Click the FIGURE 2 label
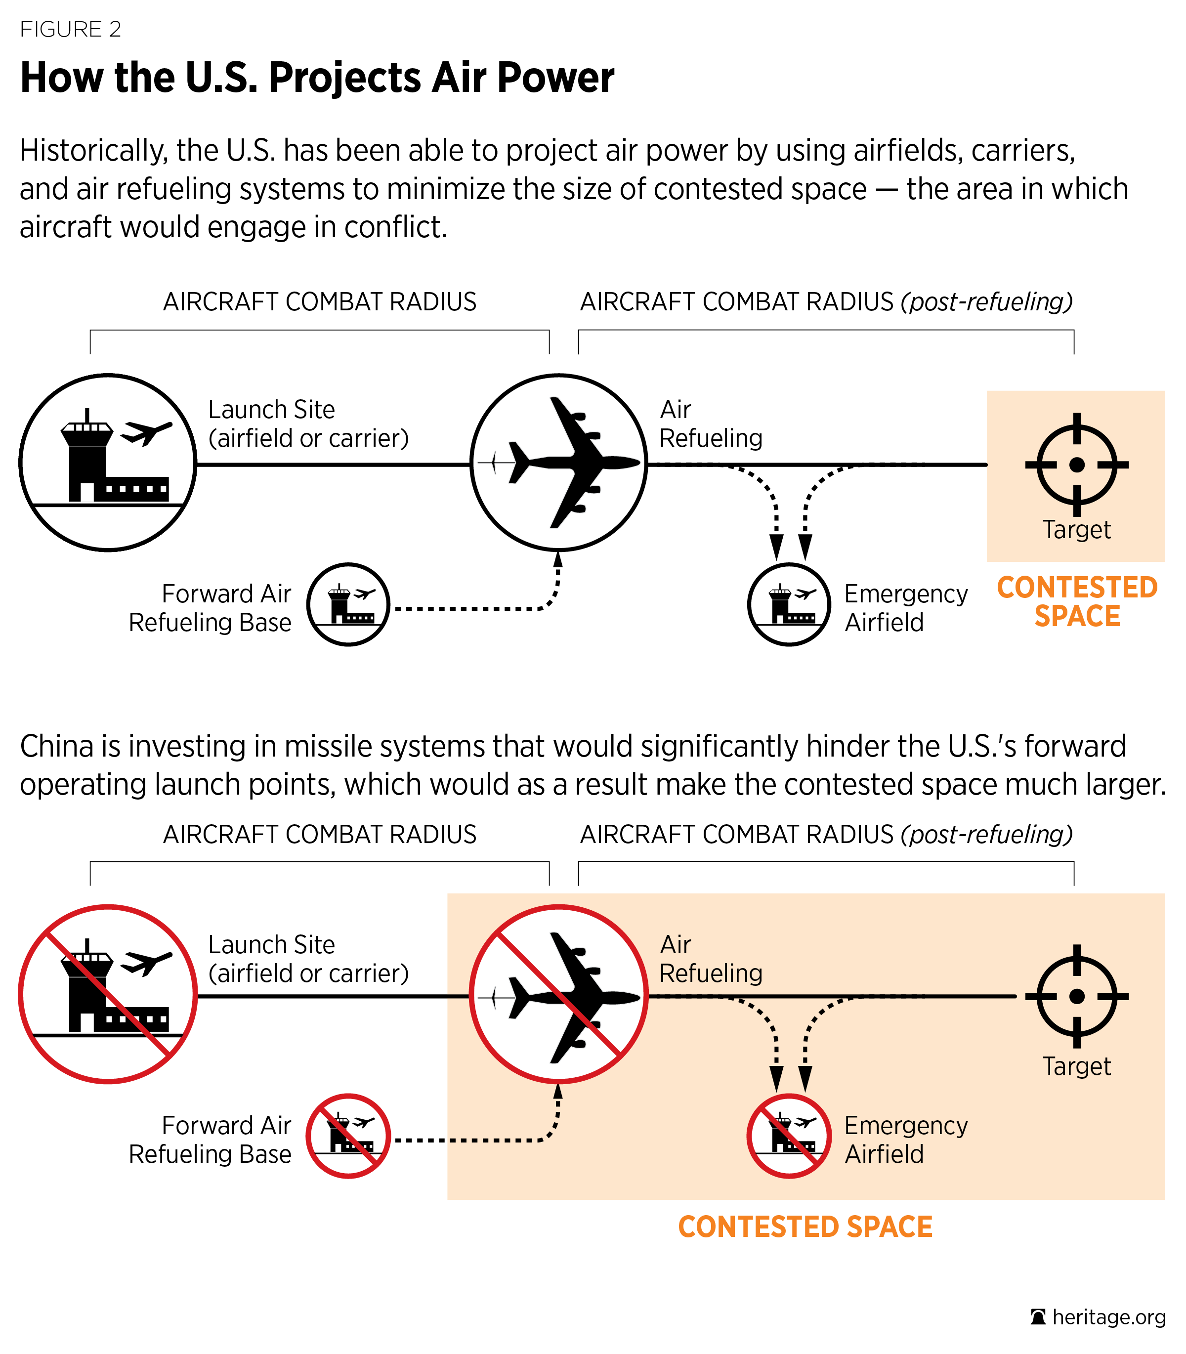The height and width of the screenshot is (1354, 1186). pos(70,30)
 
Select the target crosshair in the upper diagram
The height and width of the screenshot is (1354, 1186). pos(1077,465)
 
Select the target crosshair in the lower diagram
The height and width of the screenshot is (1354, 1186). pos(1077,996)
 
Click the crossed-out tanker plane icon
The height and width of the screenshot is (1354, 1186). pos(558,994)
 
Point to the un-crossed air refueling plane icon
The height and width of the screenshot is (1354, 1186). pos(558,463)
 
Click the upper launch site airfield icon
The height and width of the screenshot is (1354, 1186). pos(108,463)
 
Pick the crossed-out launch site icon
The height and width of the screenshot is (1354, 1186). pos(108,994)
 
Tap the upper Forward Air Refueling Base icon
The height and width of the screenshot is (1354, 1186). pos(348,604)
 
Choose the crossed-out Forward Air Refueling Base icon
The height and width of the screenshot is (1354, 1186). pos(348,1136)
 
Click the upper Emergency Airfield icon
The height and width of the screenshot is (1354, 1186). pos(789,604)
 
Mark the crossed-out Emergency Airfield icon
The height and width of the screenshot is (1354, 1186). pos(789,1136)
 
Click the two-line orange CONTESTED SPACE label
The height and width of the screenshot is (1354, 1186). pos(1077,601)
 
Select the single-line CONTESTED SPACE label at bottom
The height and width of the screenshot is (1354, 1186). pos(805,1227)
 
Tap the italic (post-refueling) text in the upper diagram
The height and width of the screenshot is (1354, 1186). pos(986,302)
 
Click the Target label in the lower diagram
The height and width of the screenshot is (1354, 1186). pos(1077,1066)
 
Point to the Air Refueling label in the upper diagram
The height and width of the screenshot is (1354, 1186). pos(711,423)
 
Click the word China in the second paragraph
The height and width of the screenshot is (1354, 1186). pos(57,747)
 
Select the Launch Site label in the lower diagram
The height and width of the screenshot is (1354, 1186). pos(308,958)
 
